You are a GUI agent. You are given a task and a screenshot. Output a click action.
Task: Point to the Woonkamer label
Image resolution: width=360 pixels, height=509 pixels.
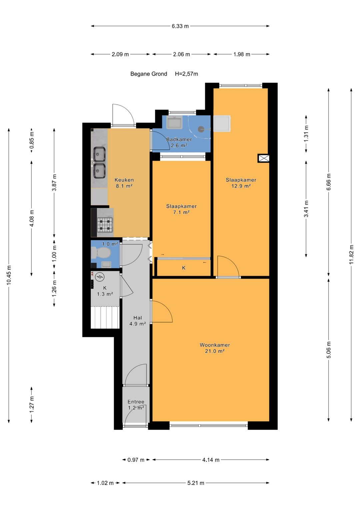(x=215, y=345)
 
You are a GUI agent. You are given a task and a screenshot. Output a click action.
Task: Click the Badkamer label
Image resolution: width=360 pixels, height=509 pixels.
(x=179, y=139)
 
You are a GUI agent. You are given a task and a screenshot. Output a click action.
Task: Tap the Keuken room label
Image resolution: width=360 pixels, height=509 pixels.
(x=124, y=180)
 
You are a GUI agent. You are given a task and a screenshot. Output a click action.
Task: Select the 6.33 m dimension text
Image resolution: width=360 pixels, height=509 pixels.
(x=180, y=26)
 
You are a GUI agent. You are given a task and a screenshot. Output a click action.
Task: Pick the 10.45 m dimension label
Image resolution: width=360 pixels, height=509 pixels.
(x=9, y=275)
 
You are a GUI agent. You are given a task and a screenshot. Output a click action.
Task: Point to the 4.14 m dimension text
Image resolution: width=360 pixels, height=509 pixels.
(x=211, y=460)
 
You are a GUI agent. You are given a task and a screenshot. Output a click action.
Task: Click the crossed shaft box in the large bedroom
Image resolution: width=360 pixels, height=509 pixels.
(x=263, y=158)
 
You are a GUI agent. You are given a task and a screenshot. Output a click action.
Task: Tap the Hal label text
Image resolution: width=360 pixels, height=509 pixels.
(x=138, y=318)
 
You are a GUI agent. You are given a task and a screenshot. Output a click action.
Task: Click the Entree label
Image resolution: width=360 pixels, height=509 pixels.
(x=136, y=402)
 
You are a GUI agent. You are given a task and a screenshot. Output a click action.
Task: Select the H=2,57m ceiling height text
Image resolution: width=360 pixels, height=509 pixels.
(x=186, y=74)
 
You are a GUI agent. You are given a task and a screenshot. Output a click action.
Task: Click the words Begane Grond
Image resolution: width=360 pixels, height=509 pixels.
(x=149, y=74)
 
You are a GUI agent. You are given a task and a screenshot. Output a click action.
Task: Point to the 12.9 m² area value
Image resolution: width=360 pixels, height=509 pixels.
(x=241, y=186)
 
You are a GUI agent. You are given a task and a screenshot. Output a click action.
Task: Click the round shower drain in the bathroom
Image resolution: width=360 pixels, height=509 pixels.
(x=201, y=129)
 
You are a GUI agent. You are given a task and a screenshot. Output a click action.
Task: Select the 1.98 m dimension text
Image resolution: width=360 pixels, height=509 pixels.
(x=242, y=54)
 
